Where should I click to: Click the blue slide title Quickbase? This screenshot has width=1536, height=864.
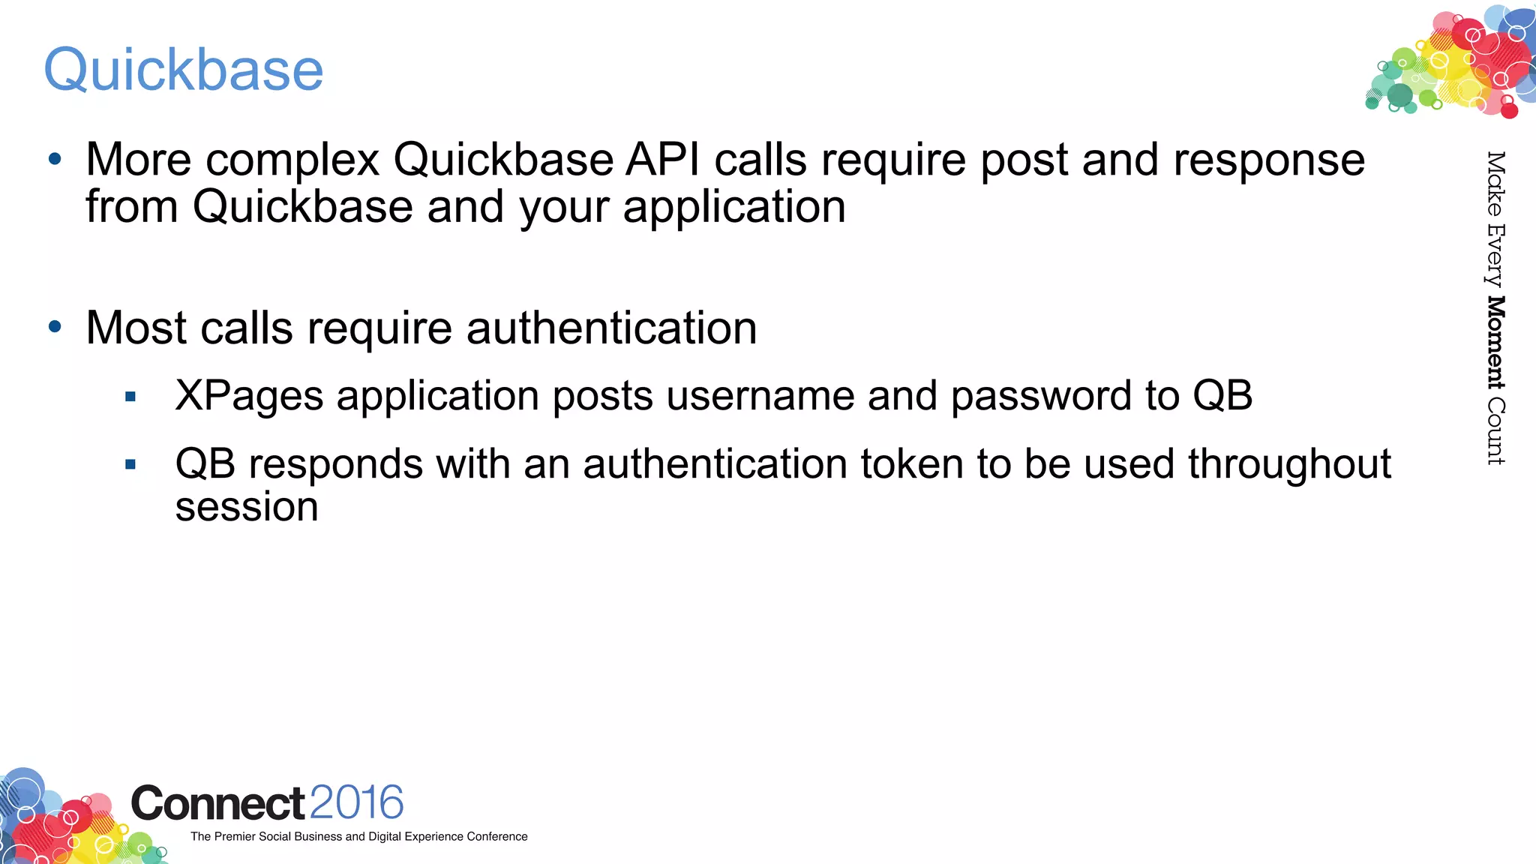[184, 70]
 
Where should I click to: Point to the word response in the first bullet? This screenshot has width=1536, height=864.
[1269, 161]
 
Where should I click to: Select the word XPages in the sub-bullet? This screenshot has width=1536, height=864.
[249, 397]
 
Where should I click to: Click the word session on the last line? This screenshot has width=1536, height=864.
[247, 508]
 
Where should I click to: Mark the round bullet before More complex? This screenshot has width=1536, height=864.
[55, 159]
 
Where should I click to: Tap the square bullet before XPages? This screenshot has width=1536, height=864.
[130, 397]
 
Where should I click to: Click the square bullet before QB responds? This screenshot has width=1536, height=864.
[130, 465]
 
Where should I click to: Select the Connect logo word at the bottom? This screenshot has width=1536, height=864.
[217, 804]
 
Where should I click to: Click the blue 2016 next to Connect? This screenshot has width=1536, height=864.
[356, 802]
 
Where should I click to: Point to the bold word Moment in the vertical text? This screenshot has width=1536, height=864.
[1495, 343]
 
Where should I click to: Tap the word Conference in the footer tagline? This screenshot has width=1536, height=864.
[496, 836]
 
